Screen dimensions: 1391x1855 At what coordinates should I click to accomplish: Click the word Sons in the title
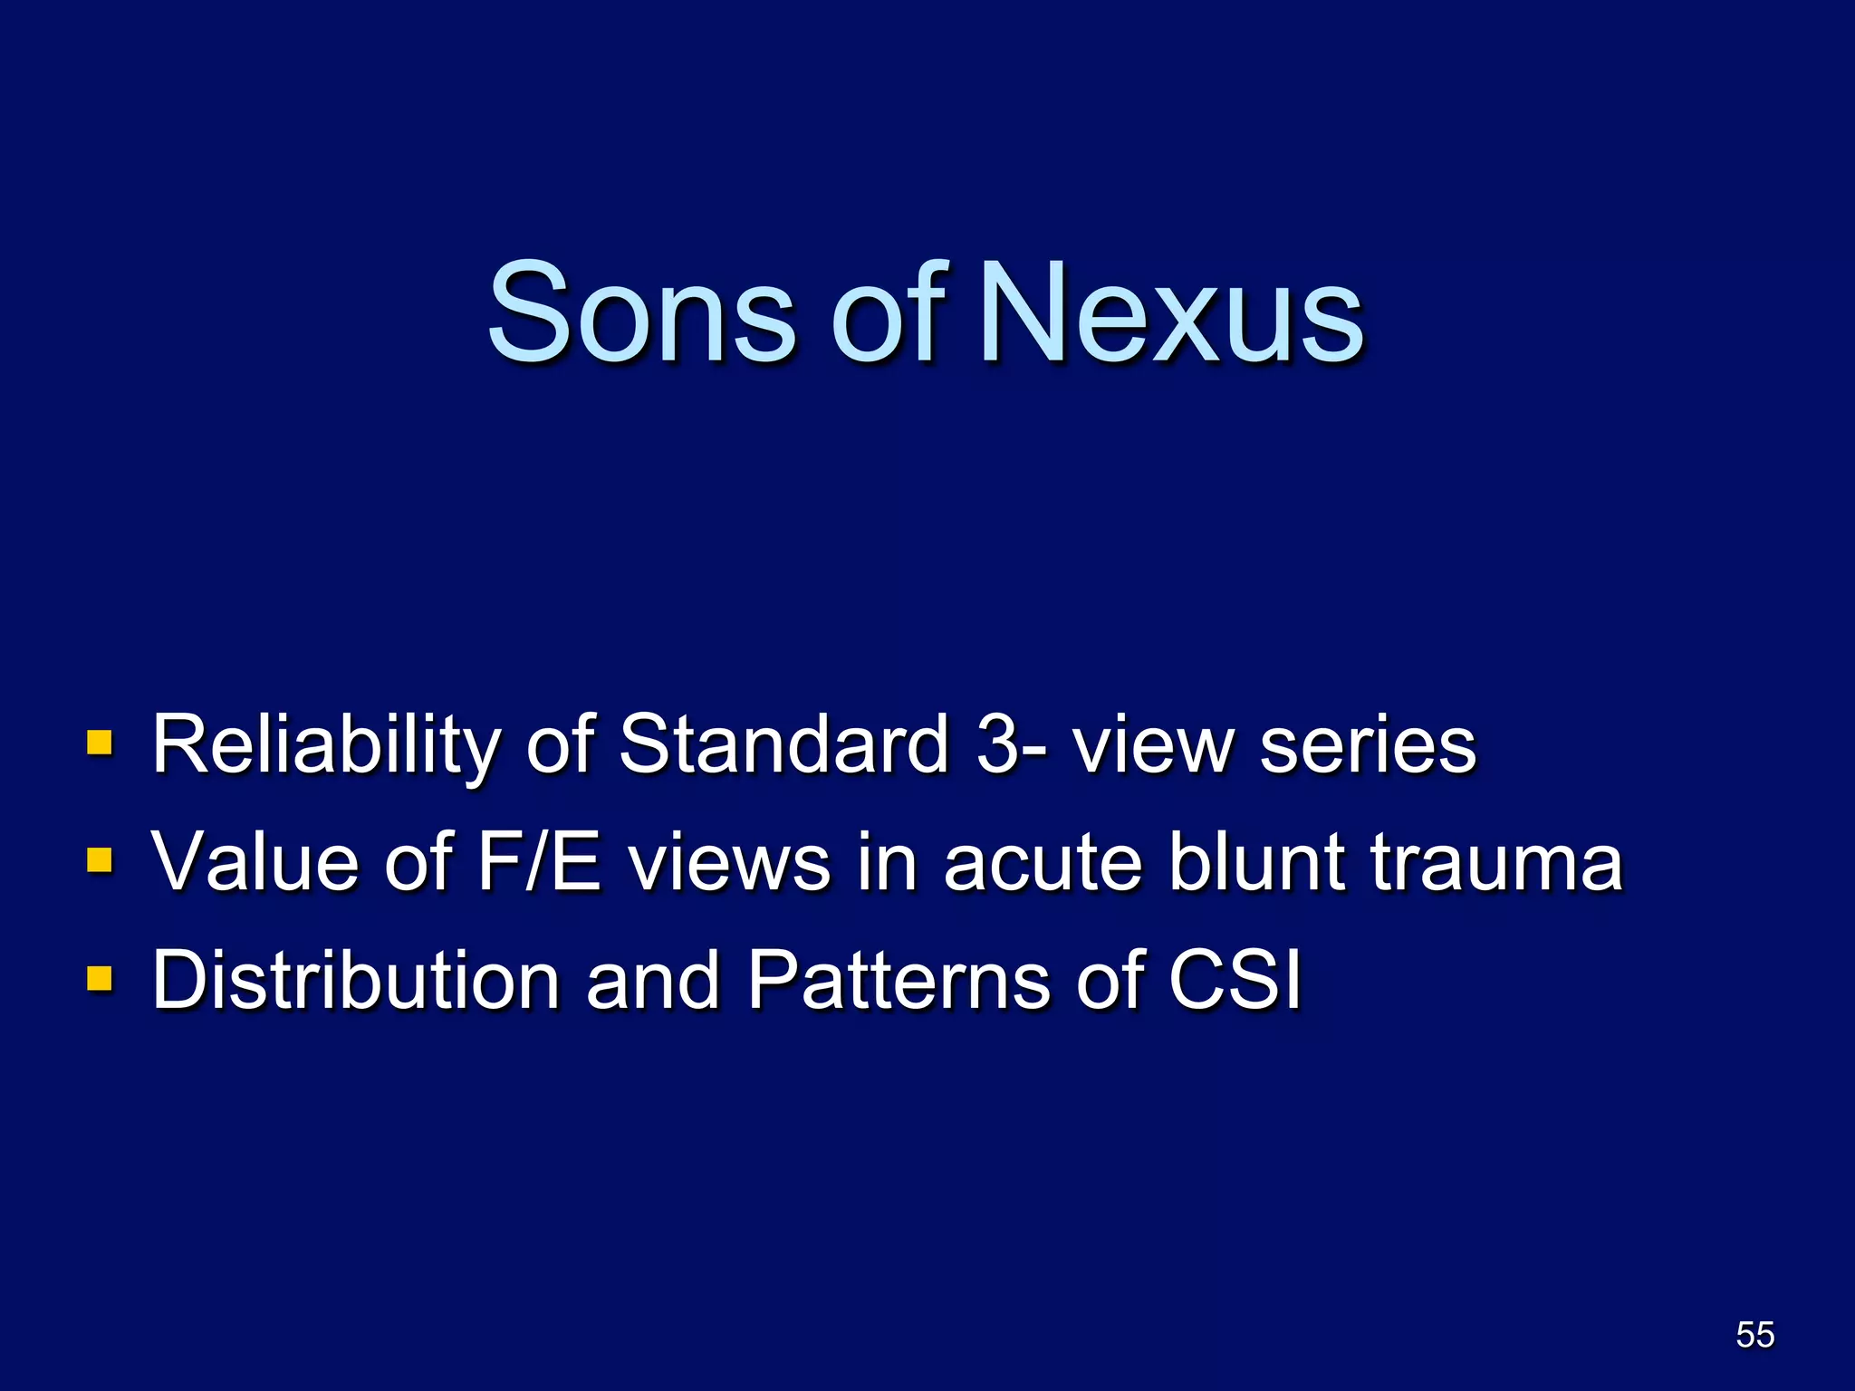click(641, 312)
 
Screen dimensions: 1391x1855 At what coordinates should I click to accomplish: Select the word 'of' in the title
click(888, 312)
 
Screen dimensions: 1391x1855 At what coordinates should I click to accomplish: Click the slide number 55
click(1754, 1334)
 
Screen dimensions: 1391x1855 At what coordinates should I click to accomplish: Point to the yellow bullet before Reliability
click(100, 743)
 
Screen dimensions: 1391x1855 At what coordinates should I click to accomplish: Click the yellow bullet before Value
click(100, 859)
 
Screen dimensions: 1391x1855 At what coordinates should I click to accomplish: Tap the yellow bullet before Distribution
click(100, 978)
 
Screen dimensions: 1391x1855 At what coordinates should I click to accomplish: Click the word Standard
click(783, 743)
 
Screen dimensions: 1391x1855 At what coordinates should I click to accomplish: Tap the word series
click(1368, 745)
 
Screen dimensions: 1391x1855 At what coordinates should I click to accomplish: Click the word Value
click(257, 861)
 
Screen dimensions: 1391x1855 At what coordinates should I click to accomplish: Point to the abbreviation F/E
click(539, 861)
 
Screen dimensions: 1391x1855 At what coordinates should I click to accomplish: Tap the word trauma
click(1495, 863)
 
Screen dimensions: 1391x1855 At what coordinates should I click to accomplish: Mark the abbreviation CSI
click(1235, 980)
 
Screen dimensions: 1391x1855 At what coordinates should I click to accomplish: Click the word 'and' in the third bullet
click(652, 980)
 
